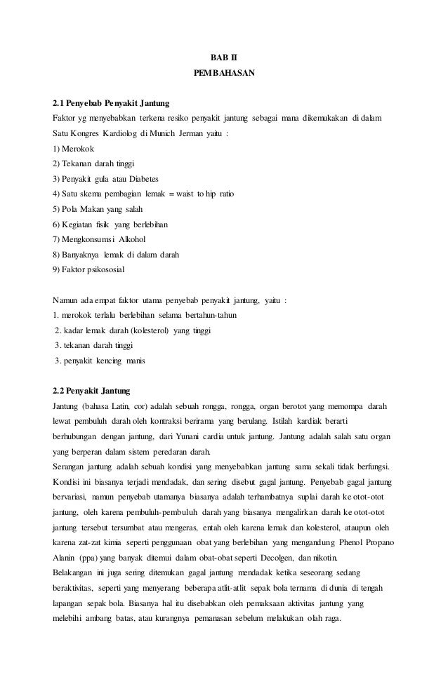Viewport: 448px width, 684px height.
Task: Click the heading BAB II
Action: pos(224,55)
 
